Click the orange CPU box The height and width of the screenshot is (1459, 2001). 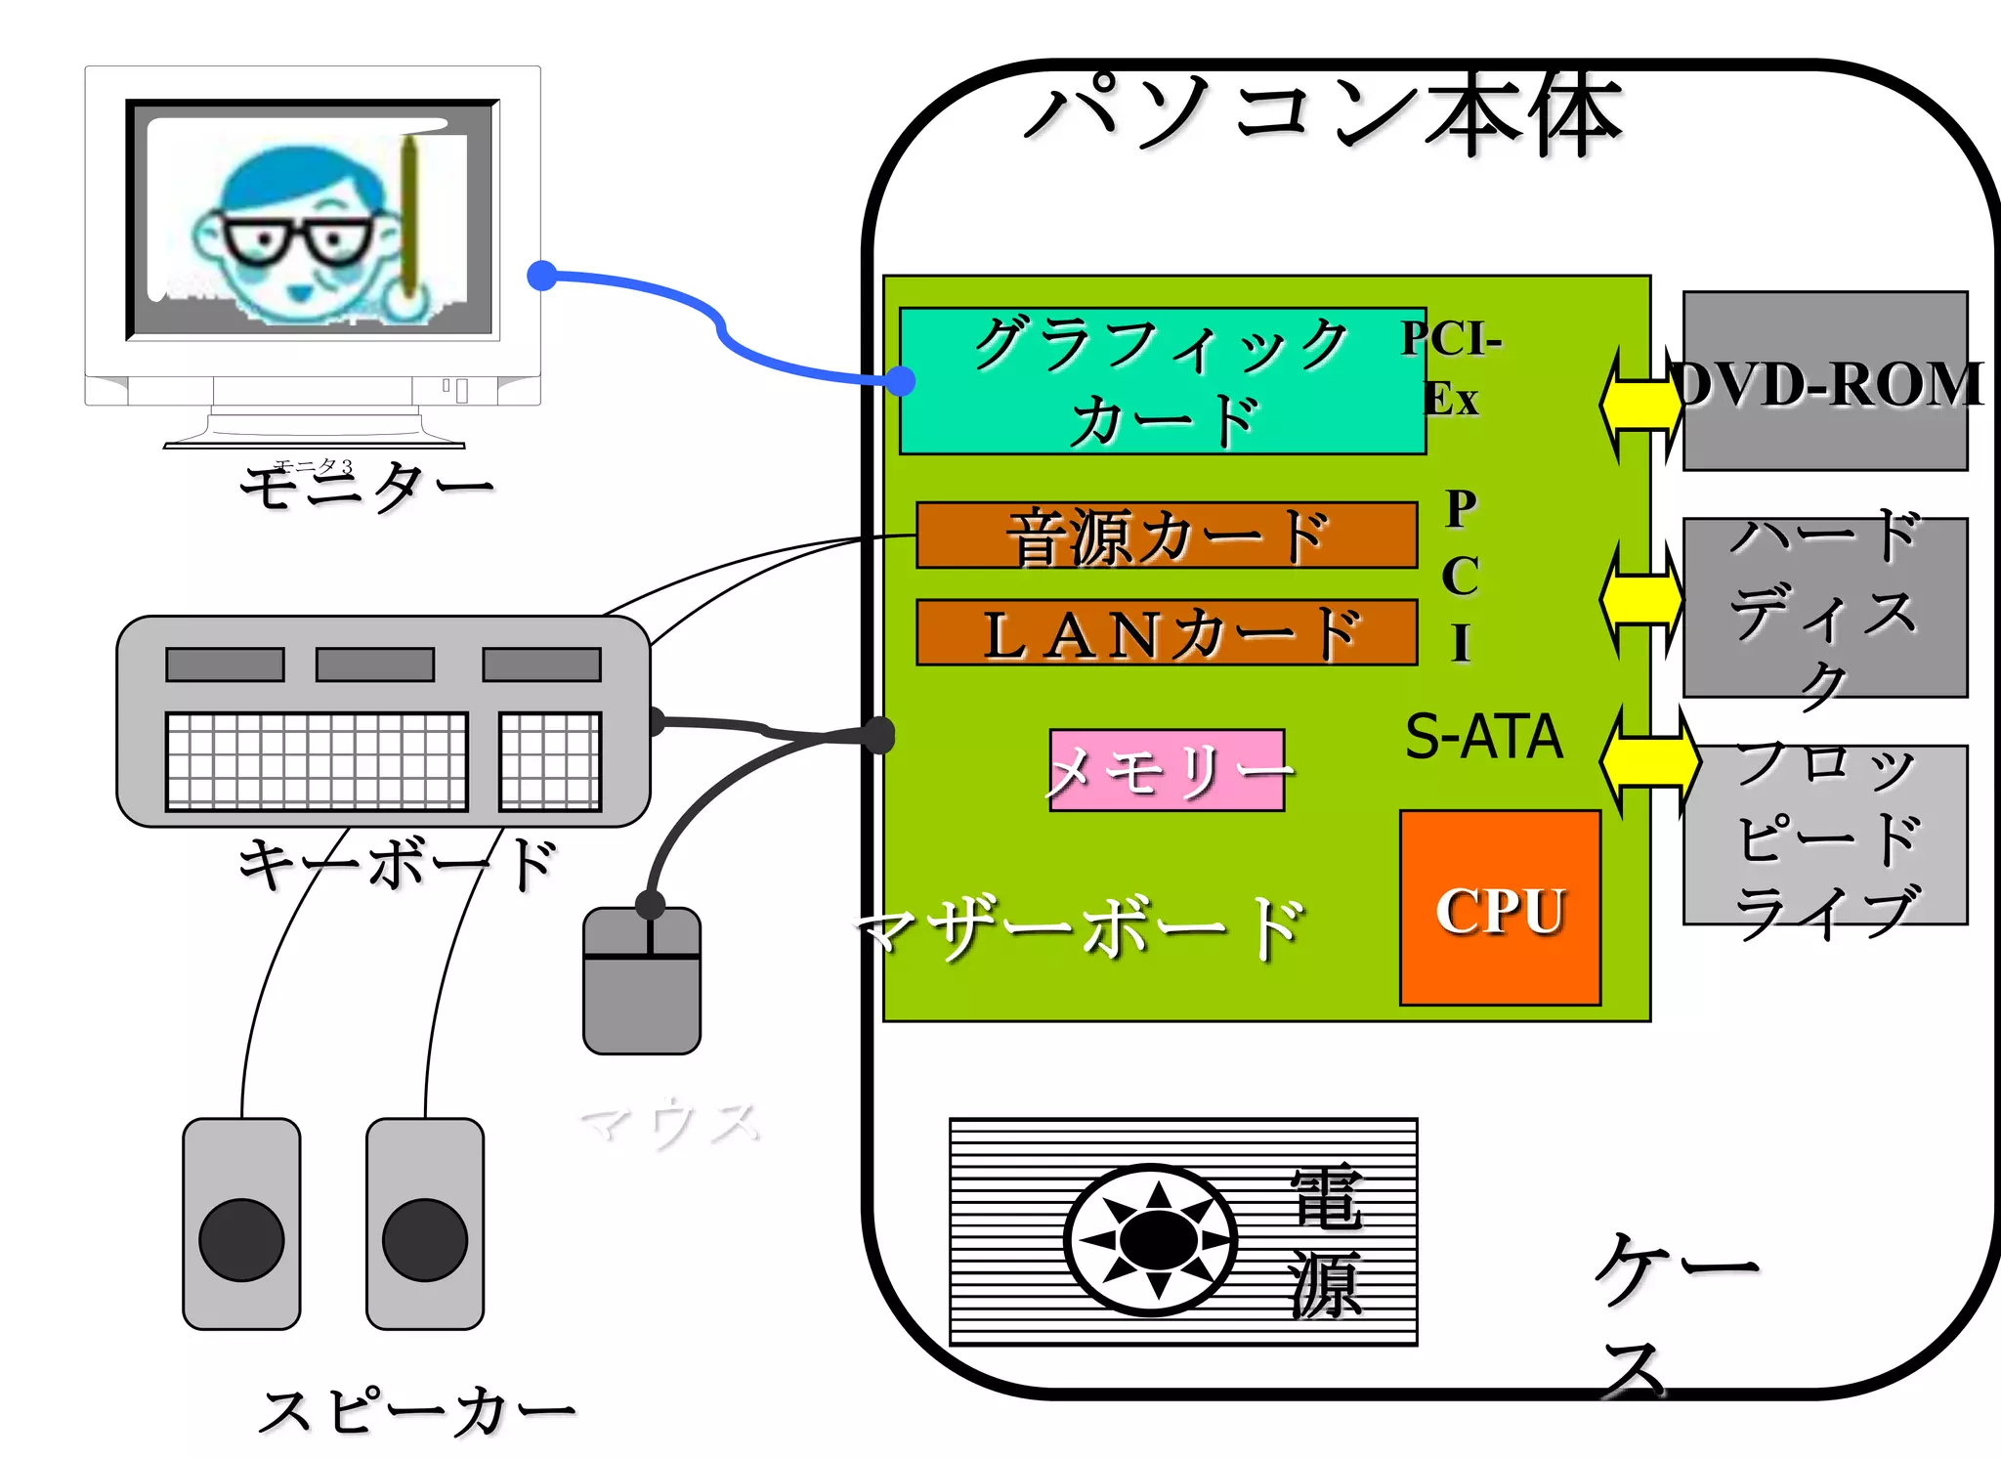[x=1500, y=907]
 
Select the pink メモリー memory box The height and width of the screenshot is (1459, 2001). [x=1167, y=770]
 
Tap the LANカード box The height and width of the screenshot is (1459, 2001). [x=1167, y=632]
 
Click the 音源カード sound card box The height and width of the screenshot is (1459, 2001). [x=1167, y=536]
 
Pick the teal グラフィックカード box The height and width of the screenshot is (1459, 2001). [x=1162, y=381]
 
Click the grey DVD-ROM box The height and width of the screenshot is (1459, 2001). [x=1824, y=381]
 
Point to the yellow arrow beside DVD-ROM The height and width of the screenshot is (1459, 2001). [x=1641, y=404]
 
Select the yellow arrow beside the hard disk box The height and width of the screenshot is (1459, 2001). [x=1641, y=599]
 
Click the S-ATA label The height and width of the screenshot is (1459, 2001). [x=1483, y=737]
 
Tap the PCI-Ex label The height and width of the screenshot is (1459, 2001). [x=1451, y=367]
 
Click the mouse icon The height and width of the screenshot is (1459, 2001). [x=642, y=982]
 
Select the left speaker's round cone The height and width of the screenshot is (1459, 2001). [x=241, y=1239]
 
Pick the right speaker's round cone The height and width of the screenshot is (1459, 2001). [x=425, y=1239]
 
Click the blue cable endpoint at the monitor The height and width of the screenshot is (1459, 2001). [x=542, y=277]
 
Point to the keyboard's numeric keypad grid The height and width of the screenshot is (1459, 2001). [x=550, y=761]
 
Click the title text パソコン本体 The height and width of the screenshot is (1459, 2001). [x=1324, y=114]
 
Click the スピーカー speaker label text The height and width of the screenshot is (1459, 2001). [x=418, y=1411]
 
